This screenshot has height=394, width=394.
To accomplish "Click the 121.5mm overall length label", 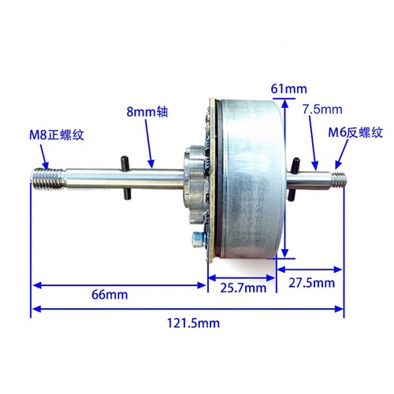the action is click(x=193, y=322).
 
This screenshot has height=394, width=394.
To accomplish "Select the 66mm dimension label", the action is click(x=110, y=295).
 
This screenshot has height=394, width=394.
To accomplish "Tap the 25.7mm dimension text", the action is click(x=243, y=288).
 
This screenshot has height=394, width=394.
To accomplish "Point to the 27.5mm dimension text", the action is click(x=312, y=283).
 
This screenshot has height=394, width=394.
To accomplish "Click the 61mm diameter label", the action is click(x=289, y=89).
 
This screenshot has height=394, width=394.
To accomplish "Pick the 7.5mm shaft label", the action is click(x=322, y=110).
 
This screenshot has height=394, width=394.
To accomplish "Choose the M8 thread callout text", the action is click(x=57, y=135).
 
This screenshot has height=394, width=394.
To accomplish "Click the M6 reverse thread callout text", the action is click(x=355, y=132).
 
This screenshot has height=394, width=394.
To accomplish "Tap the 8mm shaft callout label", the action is click(x=147, y=112).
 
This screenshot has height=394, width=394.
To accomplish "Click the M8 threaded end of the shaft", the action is click(x=47, y=177).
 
